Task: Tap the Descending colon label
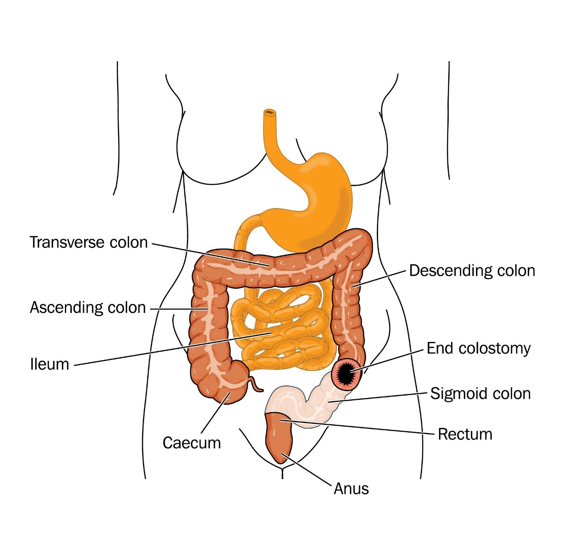[472, 271]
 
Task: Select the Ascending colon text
[88, 308]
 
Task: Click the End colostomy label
[479, 349]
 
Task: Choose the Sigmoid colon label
[480, 394]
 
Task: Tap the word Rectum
[465, 434]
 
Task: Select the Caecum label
[192, 443]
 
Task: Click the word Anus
[351, 489]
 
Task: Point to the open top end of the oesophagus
[270, 112]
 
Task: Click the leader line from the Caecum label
[215, 413]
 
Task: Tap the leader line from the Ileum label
[173, 349]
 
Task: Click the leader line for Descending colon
[380, 278]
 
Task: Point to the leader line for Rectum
[357, 427]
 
